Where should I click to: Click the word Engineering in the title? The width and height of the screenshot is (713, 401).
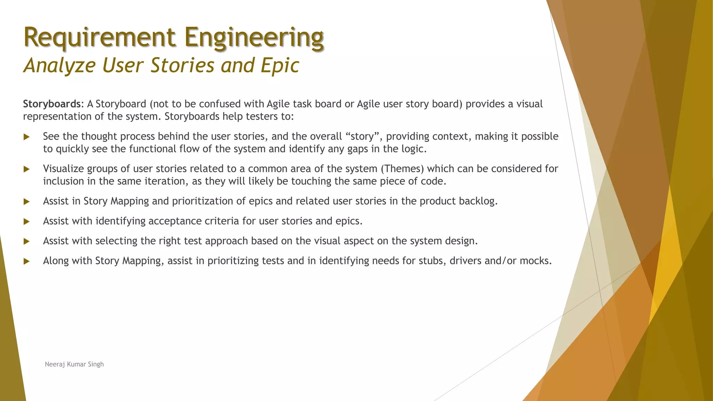tap(254, 37)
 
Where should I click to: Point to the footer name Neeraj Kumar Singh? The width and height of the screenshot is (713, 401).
tap(74, 364)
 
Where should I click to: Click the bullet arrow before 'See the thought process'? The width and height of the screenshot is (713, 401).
tap(26, 137)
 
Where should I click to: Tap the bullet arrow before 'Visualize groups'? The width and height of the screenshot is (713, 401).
tap(26, 170)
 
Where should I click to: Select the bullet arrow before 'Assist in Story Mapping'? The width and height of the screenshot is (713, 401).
tap(26, 202)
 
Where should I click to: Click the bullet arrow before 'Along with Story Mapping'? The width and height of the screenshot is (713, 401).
tap(26, 261)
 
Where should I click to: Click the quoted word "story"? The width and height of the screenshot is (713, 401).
tap(362, 136)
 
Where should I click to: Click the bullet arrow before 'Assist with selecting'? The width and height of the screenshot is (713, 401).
tap(26, 242)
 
